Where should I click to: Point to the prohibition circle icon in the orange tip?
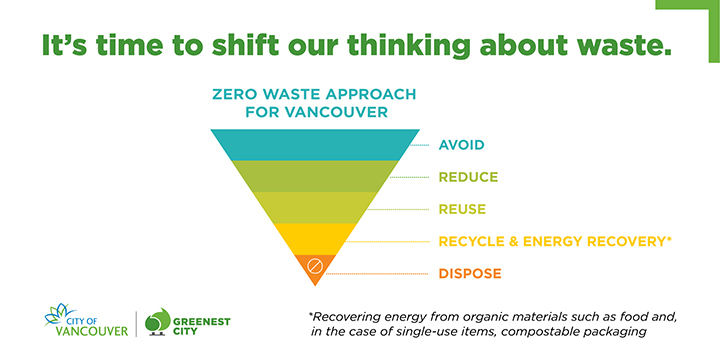point(314,266)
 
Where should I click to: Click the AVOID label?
point(461,145)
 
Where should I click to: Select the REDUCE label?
point(466,177)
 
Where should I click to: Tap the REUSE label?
point(462,209)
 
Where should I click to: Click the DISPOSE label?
point(469,273)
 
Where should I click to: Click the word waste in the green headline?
point(613,46)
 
